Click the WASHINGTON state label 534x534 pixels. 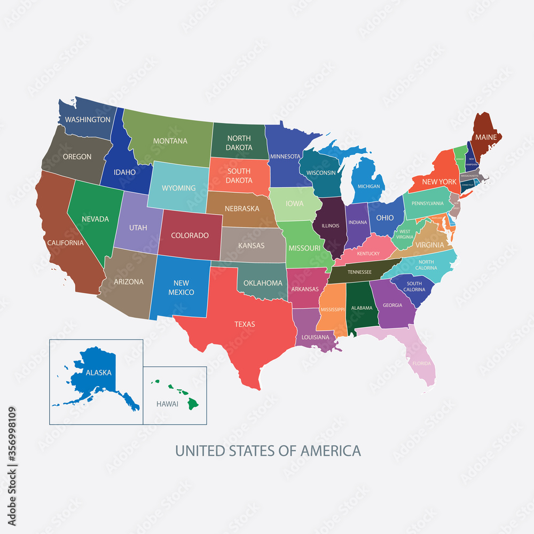coord(88,120)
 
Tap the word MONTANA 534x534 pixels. coord(170,141)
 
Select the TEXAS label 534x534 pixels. coord(245,324)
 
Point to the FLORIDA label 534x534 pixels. coord(421,364)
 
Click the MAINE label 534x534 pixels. coord(486,137)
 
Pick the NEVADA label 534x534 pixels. coord(95,219)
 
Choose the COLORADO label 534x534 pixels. coord(190,235)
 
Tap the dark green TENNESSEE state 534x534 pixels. coord(359,272)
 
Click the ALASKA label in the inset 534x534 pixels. coord(98,373)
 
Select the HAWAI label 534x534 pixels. coord(167,404)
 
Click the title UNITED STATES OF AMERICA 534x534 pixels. coord(268,451)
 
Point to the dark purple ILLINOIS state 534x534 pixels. coord(330,226)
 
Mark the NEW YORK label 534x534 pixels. coord(439,182)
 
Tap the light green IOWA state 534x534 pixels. coord(294,203)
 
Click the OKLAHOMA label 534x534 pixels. coord(262,283)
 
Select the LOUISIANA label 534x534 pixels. coord(315,337)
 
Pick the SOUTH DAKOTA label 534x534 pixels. coord(239,176)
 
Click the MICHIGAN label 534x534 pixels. coord(368,186)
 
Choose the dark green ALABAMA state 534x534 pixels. coord(362,308)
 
